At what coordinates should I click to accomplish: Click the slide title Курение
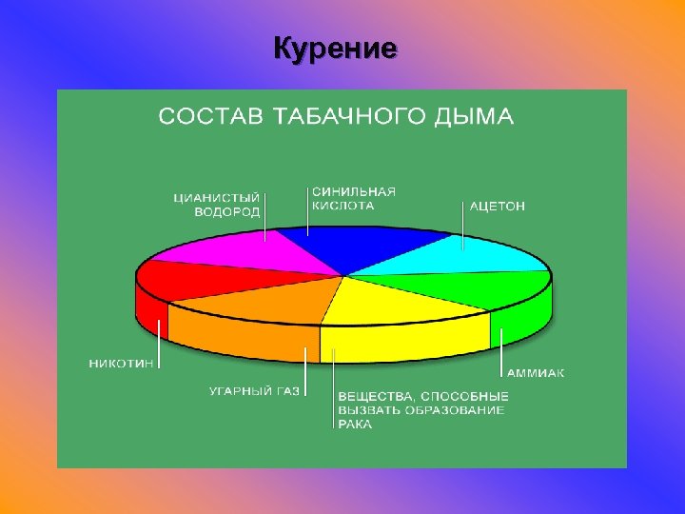tap(334, 49)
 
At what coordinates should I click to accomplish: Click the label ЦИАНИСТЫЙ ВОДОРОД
tap(216, 205)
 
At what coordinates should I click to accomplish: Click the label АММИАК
tap(535, 373)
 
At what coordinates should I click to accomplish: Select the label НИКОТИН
tap(122, 363)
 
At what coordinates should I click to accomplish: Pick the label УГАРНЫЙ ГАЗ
tap(254, 390)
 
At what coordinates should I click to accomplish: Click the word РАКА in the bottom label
tap(355, 425)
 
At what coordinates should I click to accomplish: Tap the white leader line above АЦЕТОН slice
tap(463, 228)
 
